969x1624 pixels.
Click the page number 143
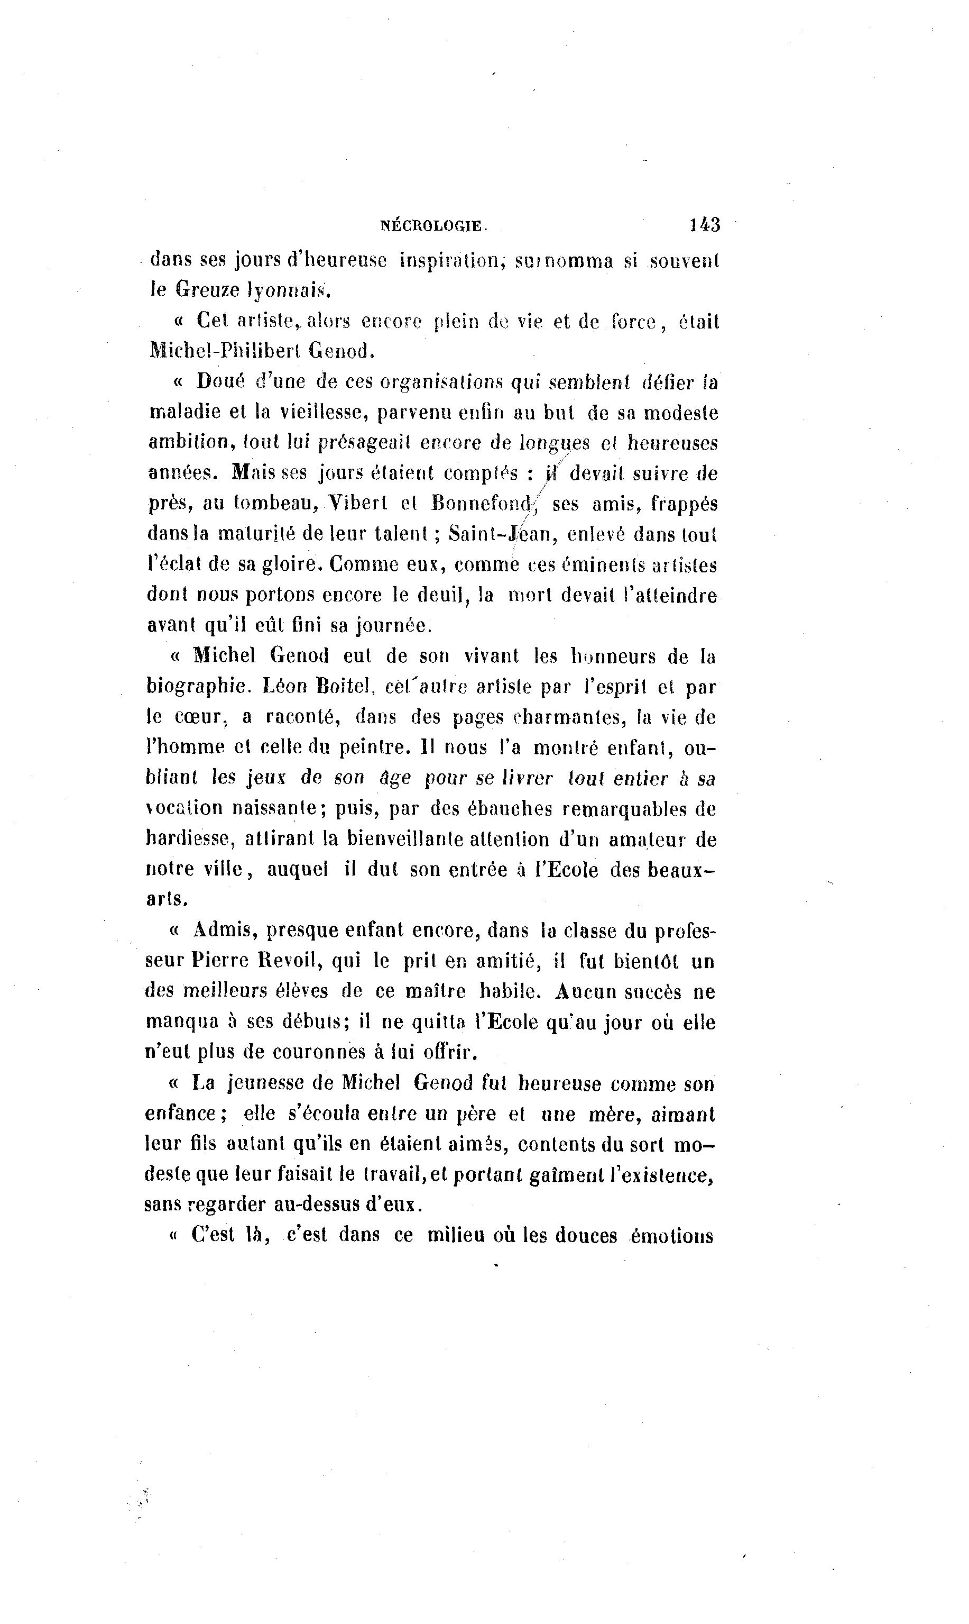point(705,225)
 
